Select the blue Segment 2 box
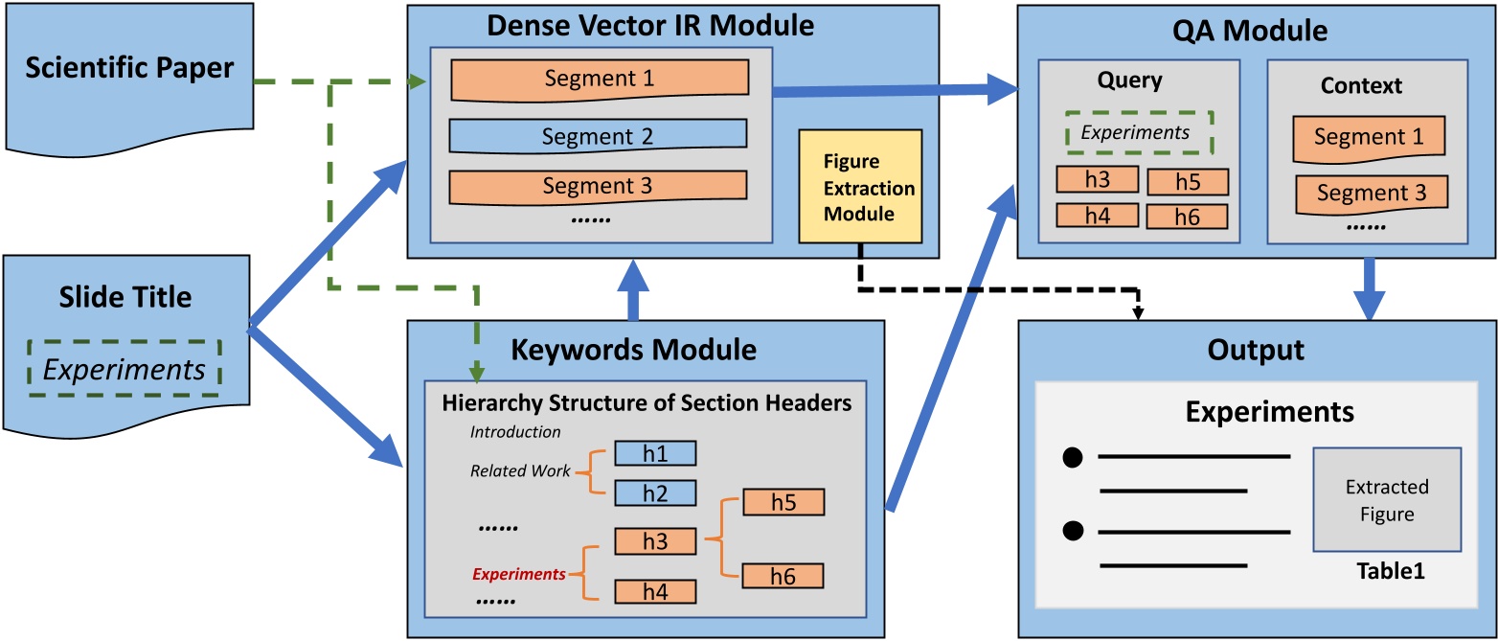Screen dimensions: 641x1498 pyautogui.click(x=598, y=136)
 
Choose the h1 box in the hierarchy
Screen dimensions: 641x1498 pyautogui.click(x=654, y=452)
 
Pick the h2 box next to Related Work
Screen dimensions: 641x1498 pyautogui.click(x=654, y=492)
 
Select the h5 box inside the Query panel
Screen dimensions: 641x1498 pyautogui.click(x=1187, y=181)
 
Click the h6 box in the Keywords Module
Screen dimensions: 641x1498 pyautogui.click(x=783, y=575)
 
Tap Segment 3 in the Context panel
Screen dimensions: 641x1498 pyautogui.click(x=1371, y=193)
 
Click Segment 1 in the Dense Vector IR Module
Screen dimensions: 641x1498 pyautogui.click(x=598, y=80)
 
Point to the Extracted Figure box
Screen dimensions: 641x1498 pyautogui.click(x=1386, y=499)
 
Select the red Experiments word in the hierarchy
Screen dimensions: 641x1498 pyautogui.click(x=518, y=574)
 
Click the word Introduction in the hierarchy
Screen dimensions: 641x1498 pyautogui.click(x=515, y=431)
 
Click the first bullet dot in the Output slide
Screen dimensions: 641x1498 pyautogui.click(x=1072, y=457)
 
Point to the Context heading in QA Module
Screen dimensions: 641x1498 pyautogui.click(x=1361, y=85)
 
